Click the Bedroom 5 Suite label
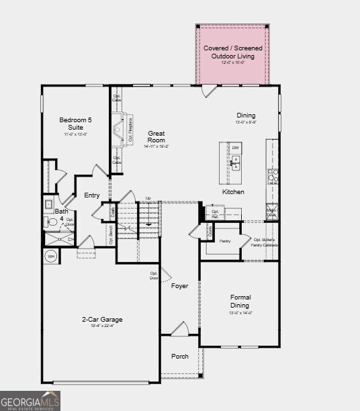[x=75, y=124]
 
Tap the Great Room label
[x=156, y=137]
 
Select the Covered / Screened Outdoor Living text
[x=233, y=52]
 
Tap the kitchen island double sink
[x=235, y=162]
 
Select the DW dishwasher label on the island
[x=236, y=147]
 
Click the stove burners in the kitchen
[x=273, y=176]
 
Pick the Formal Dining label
[x=240, y=301]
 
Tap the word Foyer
[x=179, y=286]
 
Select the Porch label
[x=180, y=356]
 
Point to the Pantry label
[x=225, y=240]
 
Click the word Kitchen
[x=233, y=192]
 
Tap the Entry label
[x=92, y=195]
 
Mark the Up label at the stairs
[x=148, y=198]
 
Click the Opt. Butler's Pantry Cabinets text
[x=266, y=242]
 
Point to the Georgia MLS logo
[x=30, y=401]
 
